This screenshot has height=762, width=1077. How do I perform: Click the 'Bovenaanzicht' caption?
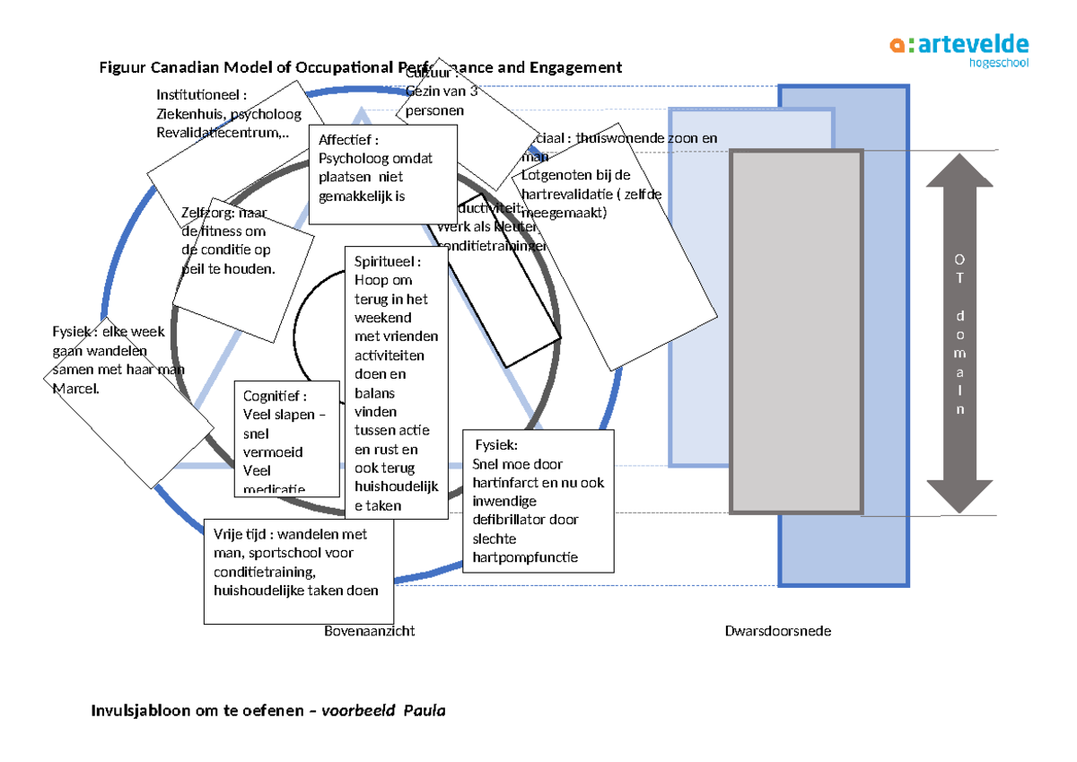(369, 631)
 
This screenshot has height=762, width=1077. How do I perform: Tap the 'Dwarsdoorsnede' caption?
(777, 631)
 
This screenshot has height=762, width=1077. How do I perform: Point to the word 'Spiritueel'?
(386, 261)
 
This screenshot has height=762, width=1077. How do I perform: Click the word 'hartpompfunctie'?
(525, 557)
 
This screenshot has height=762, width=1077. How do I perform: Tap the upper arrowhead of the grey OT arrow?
(960, 171)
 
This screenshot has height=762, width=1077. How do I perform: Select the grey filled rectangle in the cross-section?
(796, 332)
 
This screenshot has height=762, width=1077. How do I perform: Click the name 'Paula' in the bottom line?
(424, 711)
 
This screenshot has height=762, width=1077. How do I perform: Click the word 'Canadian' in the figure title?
(186, 67)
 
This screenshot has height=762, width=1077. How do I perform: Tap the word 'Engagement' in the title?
(574, 67)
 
